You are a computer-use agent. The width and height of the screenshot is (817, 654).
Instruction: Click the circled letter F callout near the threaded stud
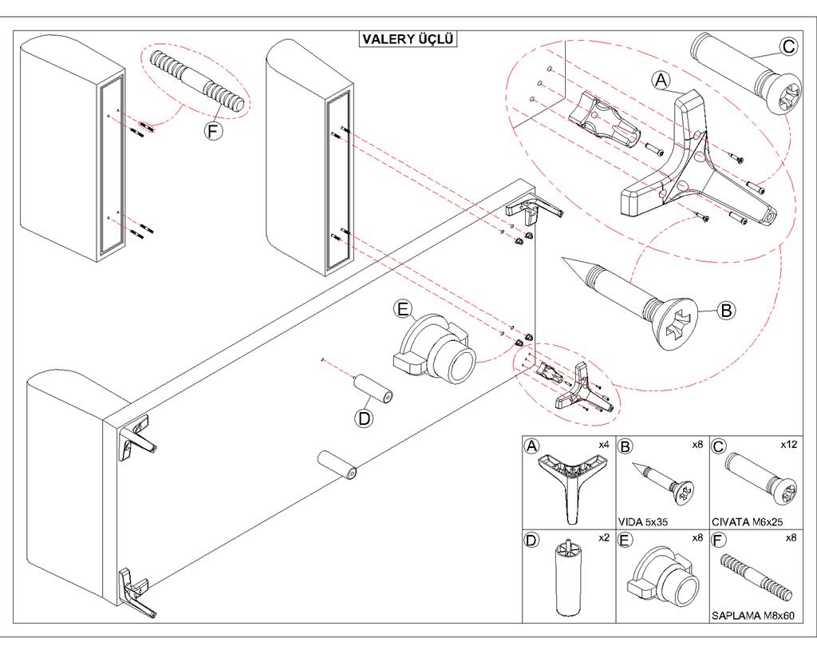point(213,130)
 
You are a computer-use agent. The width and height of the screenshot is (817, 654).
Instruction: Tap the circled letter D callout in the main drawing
point(364,418)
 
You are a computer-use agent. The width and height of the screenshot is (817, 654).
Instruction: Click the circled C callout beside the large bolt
point(788,47)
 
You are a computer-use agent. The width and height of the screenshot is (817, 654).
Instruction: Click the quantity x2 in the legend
point(603,538)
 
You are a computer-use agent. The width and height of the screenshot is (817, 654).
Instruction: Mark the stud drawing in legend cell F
point(755,577)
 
